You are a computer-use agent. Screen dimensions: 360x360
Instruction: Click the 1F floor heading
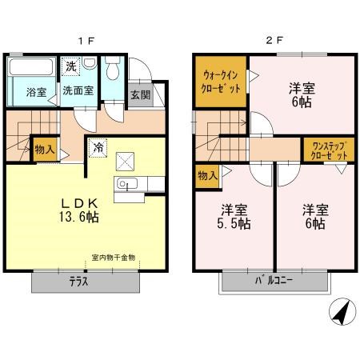86,41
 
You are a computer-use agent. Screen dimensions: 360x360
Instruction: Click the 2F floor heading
274,40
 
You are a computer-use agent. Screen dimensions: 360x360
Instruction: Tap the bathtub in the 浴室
31,66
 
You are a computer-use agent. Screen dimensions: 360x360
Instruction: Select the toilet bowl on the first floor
113,68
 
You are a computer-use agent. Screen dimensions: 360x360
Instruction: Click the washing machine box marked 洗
70,66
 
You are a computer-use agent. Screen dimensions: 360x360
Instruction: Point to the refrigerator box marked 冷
98,148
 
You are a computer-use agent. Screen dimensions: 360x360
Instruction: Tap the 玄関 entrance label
141,95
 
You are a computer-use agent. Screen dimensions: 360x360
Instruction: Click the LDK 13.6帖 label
79,210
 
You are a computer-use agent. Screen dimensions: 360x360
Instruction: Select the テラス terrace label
78,282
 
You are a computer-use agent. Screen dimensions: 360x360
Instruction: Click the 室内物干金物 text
114,258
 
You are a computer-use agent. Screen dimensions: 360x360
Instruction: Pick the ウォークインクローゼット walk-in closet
221,82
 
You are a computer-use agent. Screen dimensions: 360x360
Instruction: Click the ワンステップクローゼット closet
330,150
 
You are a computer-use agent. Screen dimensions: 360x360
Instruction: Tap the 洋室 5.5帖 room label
234,217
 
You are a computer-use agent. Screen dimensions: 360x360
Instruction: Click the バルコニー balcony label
274,281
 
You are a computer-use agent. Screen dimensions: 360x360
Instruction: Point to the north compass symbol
342,311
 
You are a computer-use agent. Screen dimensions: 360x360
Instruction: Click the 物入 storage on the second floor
207,176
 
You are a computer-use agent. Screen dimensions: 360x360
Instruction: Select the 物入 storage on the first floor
45,150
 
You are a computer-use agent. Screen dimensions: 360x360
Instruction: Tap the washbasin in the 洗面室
90,63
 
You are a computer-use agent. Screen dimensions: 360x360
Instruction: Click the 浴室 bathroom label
37,92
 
